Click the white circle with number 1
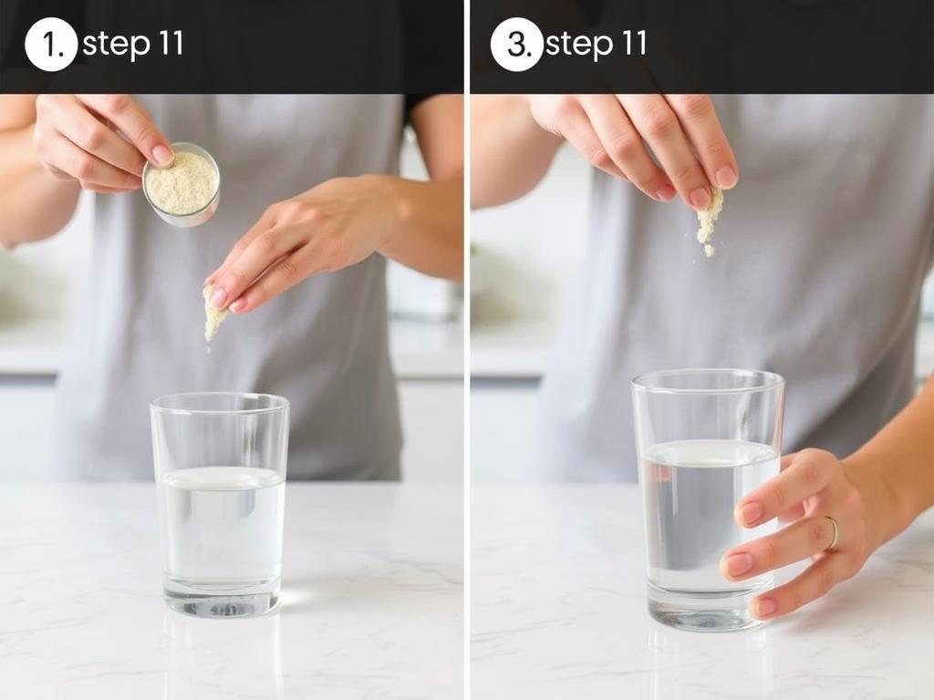(x=51, y=45)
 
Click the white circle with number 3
(x=516, y=45)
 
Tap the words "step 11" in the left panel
(x=133, y=45)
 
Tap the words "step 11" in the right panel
(x=596, y=45)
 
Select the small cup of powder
(x=182, y=184)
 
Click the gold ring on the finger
(x=832, y=532)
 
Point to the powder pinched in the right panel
(x=709, y=221)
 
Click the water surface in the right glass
(x=708, y=452)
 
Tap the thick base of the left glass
(x=223, y=597)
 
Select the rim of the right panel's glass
(x=708, y=382)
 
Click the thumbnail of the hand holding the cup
(x=162, y=155)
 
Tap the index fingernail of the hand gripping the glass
(x=752, y=512)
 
